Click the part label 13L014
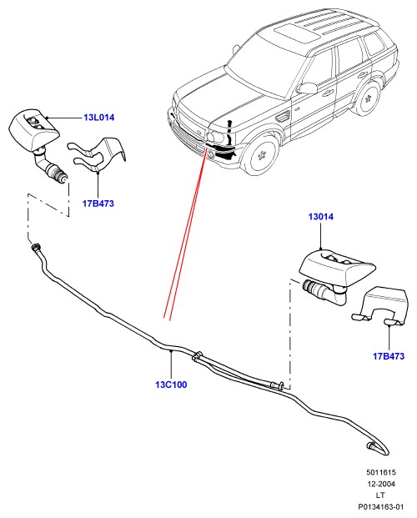click(98, 118)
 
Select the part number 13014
click(321, 217)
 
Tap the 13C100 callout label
click(171, 385)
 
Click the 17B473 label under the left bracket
click(98, 204)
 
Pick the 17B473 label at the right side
click(389, 356)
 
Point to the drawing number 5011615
click(380, 472)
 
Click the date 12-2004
click(381, 484)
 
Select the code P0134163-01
click(381, 507)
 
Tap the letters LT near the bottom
click(380, 495)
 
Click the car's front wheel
click(261, 155)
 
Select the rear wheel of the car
click(366, 98)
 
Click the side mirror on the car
click(307, 88)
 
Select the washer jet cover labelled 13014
click(336, 265)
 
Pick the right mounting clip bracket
click(380, 305)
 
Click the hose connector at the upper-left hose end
click(36, 247)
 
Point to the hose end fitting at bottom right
click(371, 446)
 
